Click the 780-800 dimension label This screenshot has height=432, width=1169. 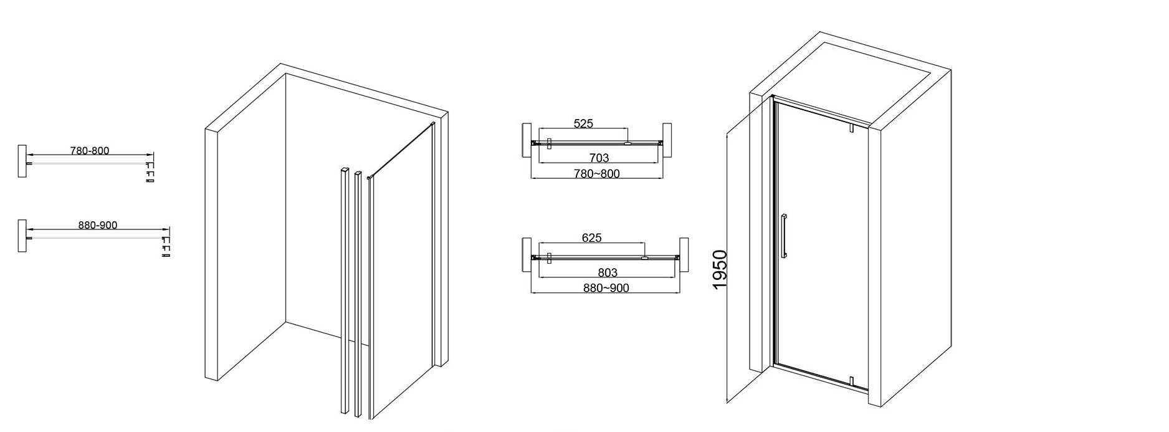90,151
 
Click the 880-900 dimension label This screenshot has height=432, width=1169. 98,225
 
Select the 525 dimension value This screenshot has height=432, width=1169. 583,123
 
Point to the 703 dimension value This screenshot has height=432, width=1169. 599,158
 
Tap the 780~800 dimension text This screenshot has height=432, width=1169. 597,173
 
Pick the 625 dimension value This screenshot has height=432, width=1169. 591,238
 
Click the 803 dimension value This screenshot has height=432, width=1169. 608,272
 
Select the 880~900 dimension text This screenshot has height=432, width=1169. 606,288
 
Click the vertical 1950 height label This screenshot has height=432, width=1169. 720,269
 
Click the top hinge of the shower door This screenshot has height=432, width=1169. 851,127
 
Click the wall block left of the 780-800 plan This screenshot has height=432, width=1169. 22,161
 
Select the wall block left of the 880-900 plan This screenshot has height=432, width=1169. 22,236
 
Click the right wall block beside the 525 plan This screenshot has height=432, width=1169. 667,138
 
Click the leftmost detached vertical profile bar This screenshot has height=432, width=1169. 345,290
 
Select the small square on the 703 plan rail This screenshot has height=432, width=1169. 549,143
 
